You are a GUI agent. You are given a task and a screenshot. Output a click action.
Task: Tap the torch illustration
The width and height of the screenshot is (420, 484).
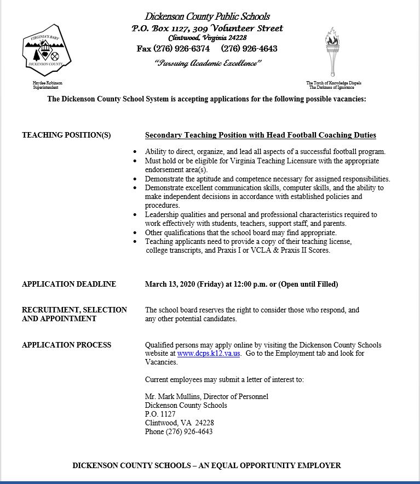pyautogui.click(x=332, y=52)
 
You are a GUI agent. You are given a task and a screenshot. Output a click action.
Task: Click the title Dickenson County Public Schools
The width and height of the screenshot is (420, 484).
pyautogui.click(x=207, y=16)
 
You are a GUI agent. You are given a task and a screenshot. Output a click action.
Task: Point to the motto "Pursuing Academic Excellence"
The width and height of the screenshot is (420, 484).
pyautogui.click(x=208, y=63)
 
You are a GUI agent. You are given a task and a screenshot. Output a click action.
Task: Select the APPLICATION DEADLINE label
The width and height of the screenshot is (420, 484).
pyautogui.click(x=68, y=284)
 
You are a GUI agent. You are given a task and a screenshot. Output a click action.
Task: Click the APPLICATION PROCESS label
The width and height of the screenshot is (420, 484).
pyautogui.click(x=66, y=345)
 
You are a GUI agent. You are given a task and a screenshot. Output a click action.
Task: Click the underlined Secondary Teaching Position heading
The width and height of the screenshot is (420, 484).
pyautogui.click(x=260, y=135)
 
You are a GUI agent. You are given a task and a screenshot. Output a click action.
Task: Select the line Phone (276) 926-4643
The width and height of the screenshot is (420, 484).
pyautogui.click(x=179, y=431)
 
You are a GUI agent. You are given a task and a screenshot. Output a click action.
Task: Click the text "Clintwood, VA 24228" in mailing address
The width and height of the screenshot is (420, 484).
pyautogui.click(x=179, y=423)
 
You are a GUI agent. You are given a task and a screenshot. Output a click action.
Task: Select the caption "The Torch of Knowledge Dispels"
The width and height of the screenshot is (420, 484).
pyautogui.click(x=333, y=83)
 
